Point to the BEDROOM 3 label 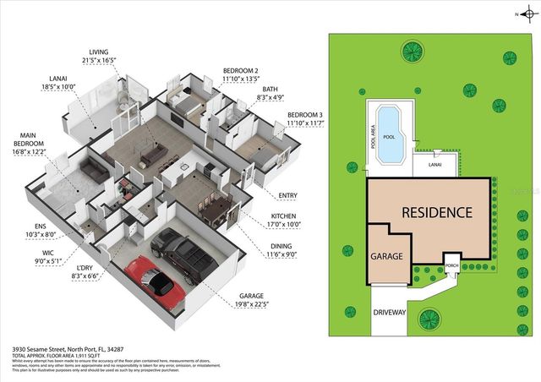[x=306, y=119]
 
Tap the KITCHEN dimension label [x=283, y=221]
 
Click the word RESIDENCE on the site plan [x=436, y=212]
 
